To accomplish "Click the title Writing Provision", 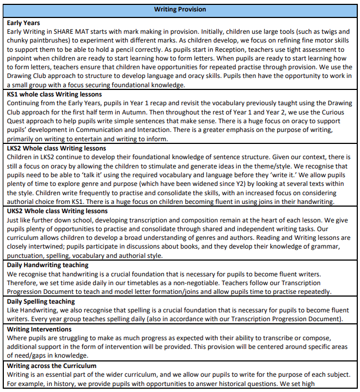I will (180, 9).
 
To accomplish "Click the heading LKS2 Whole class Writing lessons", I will (57, 148).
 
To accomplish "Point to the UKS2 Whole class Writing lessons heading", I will (57, 210).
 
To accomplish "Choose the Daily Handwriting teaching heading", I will (48, 265).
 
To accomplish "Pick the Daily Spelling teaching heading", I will (41, 301).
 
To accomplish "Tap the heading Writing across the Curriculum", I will (52, 365).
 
